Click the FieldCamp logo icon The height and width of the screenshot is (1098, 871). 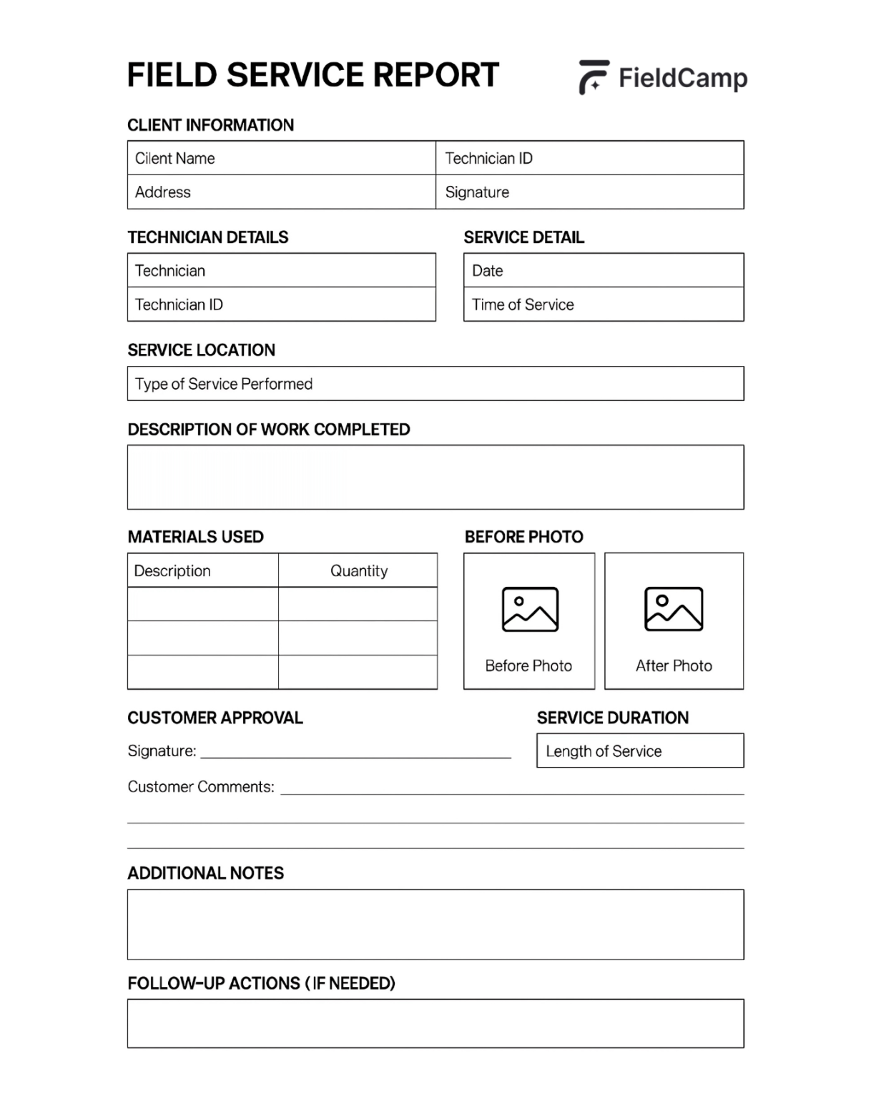[593, 77]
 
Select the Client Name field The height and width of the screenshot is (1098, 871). [281, 158]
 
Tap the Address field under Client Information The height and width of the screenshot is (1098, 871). [281, 192]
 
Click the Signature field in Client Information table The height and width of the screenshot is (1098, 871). [589, 192]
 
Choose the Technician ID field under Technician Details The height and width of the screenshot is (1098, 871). [281, 305]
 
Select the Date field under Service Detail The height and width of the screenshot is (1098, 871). [603, 271]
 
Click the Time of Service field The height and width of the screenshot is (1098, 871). [603, 305]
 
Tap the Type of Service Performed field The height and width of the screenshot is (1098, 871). [435, 384]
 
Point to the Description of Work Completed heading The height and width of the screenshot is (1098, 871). [269, 430]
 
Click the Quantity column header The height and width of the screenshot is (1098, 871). [358, 570]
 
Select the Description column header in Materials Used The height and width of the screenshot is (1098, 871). [202, 570]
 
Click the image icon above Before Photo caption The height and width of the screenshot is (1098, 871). [530, 609]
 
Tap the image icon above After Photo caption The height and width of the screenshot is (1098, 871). [674, 609]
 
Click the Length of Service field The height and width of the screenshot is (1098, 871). [640, 751]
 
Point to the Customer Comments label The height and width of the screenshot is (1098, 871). [201, 787]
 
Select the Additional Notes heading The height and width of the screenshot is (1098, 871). [205, 874]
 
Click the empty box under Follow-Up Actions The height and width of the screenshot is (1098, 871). [435, 1024]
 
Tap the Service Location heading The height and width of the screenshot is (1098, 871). [201, 350]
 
